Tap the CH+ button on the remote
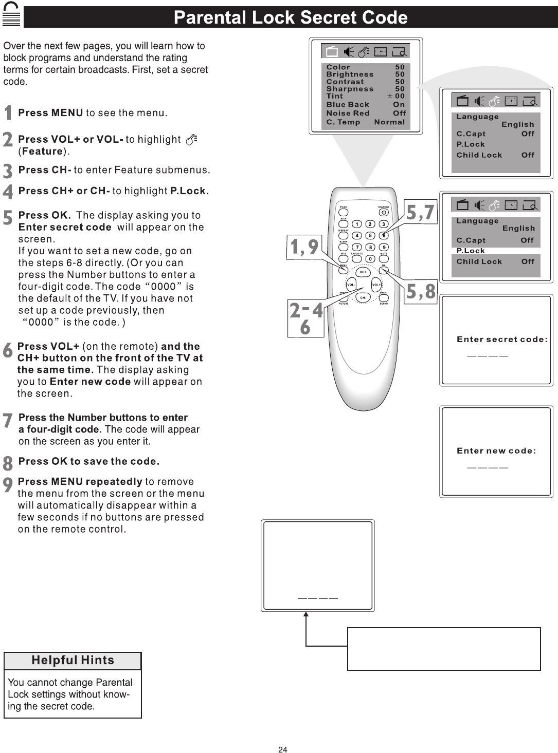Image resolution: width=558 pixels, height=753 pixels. click(363, 272)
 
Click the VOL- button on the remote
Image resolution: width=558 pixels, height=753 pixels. click(351, 285)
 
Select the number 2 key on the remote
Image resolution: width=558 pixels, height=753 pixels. click(370, 224)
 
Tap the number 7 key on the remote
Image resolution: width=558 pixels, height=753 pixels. click(357, 248)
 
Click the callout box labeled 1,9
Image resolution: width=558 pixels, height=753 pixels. click(304, 247)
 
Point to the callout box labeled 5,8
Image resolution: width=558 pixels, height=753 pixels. click(421, 292)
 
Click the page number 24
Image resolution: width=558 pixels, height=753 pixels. click(282, 749)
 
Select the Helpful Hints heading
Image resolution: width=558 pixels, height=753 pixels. click(73, 661)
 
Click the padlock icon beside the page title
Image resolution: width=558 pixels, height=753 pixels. click(11, 15)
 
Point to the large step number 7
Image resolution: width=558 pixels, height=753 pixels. click(8, 421)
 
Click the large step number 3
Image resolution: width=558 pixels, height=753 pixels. click(8, 171)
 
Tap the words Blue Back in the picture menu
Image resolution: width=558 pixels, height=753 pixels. click(348, 104)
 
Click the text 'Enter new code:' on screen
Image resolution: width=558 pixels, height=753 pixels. click(496, 451)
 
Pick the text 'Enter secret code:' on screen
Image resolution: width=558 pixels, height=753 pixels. click(502, 340)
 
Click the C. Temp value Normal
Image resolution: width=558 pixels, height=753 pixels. click(389, 122)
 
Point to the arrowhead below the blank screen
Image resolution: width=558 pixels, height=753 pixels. click(306, 614)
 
